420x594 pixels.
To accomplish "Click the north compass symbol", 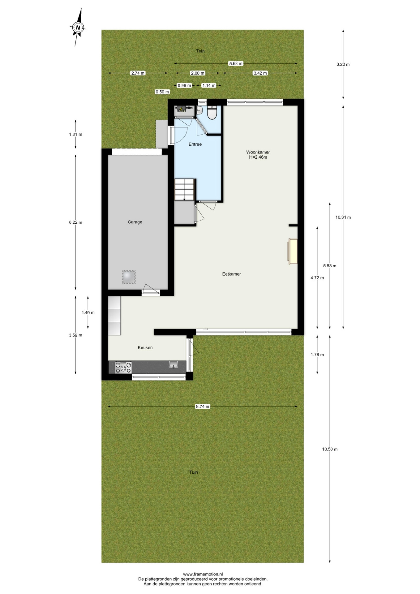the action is (x=78, y=28).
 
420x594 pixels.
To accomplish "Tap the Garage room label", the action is (x=135, y=222).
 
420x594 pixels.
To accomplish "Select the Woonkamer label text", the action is (x=258, y=152).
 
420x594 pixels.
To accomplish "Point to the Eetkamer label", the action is (x=231, y=274).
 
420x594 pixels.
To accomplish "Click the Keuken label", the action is (x=145, y=347).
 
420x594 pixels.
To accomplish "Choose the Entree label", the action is (x=195, y=144).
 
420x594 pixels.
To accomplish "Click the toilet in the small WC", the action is (x=212, y=113).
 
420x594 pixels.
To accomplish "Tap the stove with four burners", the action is (x=123, y=368).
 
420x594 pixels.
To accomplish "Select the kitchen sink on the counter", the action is (x=174, y=365).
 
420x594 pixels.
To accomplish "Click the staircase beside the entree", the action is (x=185, y=190).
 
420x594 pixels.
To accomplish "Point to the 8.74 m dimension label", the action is (x=202, y=407).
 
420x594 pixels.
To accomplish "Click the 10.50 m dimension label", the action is (x=330, y=449).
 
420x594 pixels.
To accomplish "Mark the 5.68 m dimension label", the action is (x=236, y=63).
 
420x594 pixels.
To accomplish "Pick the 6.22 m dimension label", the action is (x=75, y=222).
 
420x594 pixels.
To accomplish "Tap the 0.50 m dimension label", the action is (x=162, y=92).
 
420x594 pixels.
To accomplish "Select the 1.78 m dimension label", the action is (x=317, y=355).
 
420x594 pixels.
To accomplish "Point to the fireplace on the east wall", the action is (x=293, y=251).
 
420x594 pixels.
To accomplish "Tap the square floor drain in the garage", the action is (x=129, y=277).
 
